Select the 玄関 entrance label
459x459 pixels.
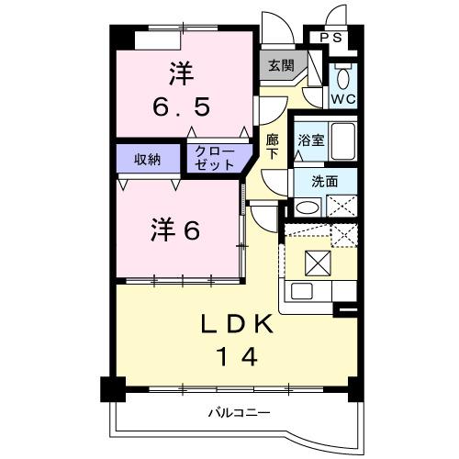281,65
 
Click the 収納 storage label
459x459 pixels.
149,159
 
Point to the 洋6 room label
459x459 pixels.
174,230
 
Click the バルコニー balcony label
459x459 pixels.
237,413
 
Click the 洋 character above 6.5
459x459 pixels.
181,71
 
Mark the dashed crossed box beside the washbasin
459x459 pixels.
341,207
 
